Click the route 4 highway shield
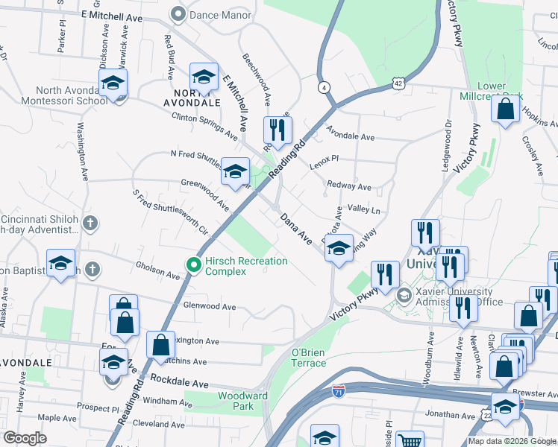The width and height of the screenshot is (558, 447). click(x=323, y=86)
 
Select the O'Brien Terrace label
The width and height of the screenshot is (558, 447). click(x=308, y=358)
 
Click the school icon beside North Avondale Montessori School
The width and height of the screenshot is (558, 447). click(x=113, y=83)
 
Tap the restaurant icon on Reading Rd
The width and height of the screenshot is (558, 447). click(x=277, y=131)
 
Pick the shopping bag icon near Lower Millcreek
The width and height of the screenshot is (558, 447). click(x=506, y=109)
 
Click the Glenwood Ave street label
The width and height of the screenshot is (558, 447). click(x=210, y=306)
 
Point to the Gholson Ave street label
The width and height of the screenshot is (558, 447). click(x=157, y=270)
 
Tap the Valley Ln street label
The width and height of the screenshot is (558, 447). click(x=364, y=211)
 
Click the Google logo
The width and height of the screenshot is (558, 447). click(x=25, y=438)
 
